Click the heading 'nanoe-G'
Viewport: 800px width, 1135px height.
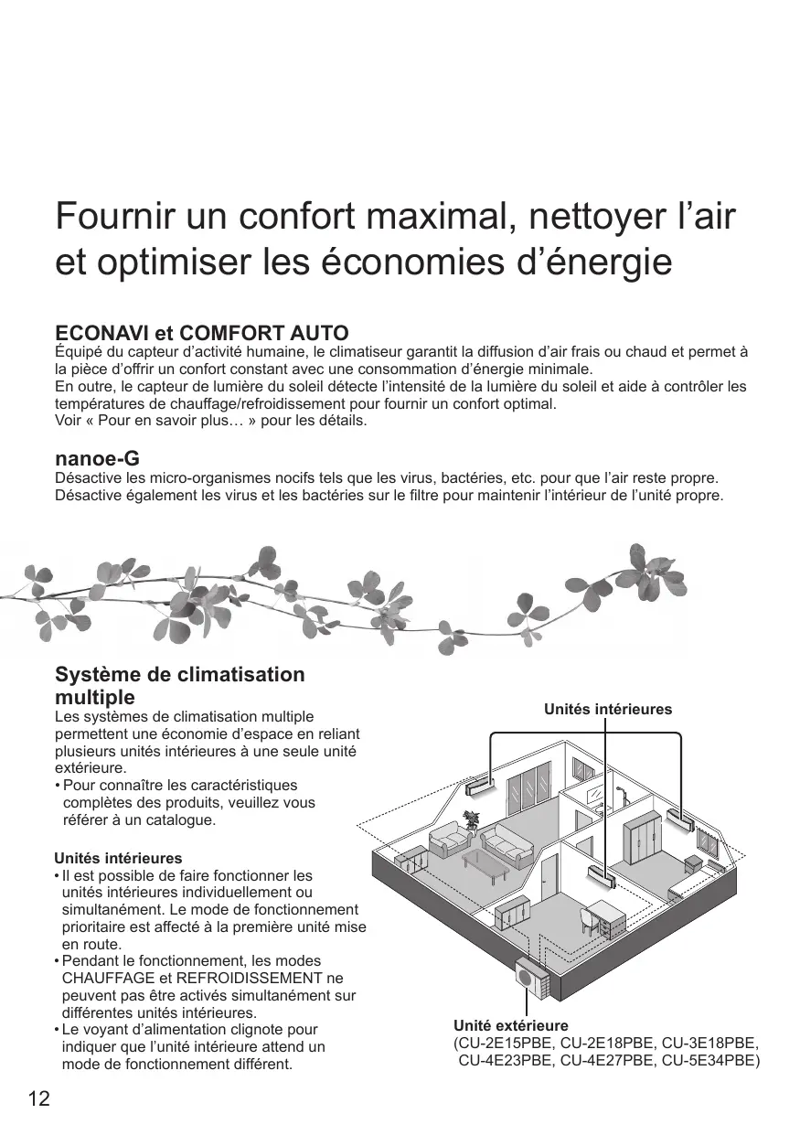click(x=97, y=458)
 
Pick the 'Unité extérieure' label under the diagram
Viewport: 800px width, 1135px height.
click(x=511, y=1026)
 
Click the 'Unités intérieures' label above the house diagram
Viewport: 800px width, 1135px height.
click(x=608, y=710)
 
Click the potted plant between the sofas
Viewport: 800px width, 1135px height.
click(x=472, y=819)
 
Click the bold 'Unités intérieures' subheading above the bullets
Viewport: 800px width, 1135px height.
click(x=119, y=859)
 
